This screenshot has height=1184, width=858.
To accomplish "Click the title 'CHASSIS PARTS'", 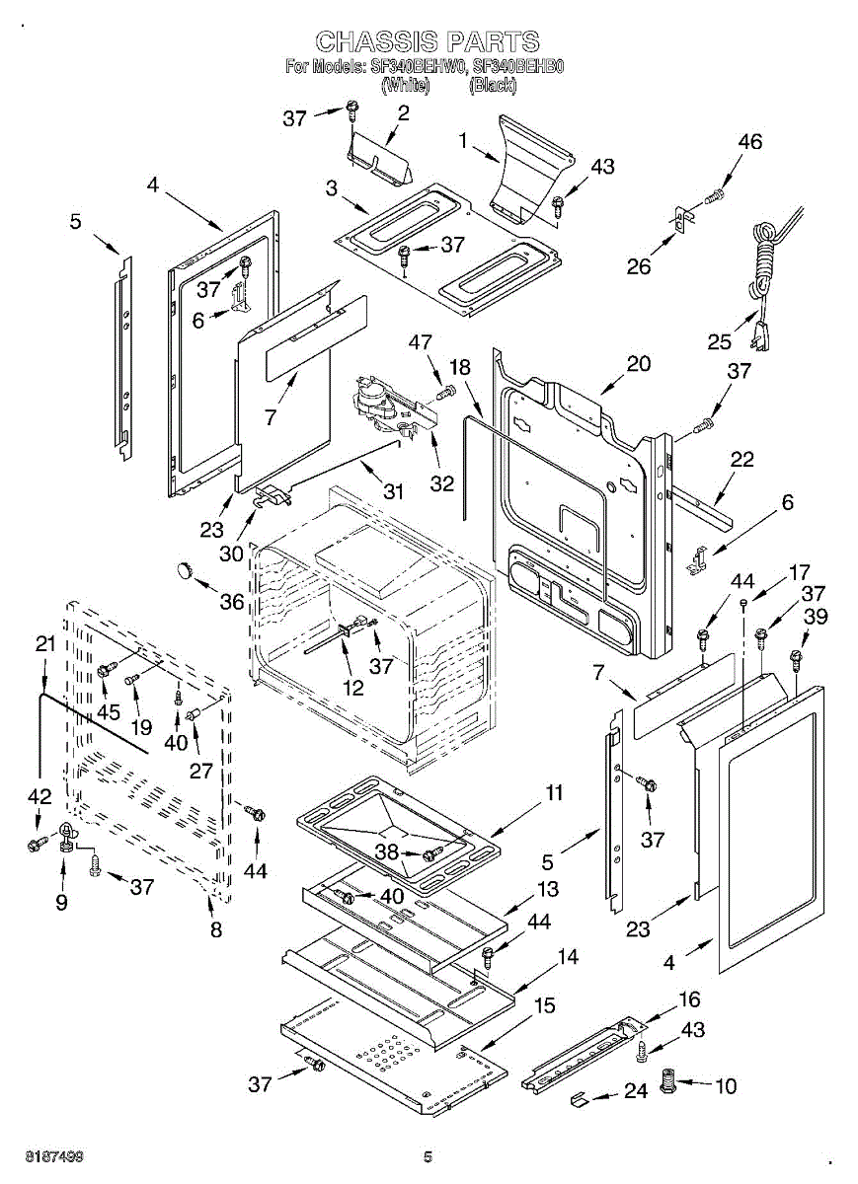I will (x=428, y=41).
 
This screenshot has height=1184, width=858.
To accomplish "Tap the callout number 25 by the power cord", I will (x=720, y=341).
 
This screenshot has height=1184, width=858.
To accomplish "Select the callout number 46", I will (x=749, y=142).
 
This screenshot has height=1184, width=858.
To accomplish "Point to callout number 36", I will (x=233, y=600).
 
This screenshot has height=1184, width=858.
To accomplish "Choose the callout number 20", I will (x=638, y=363).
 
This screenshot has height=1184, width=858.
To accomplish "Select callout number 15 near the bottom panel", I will (x=544, y=1005).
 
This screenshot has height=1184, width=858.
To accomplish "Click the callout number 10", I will (x=726, y=1086).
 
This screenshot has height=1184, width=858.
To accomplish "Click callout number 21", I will (x=45, y=644).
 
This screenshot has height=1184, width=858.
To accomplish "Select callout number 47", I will (x=421, y=342).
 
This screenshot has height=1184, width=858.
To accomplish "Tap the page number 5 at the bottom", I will (x=429, y=1156).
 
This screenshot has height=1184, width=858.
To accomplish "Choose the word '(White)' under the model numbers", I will (x=405, y=86).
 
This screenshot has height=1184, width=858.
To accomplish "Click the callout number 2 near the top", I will (x=403, y=112).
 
